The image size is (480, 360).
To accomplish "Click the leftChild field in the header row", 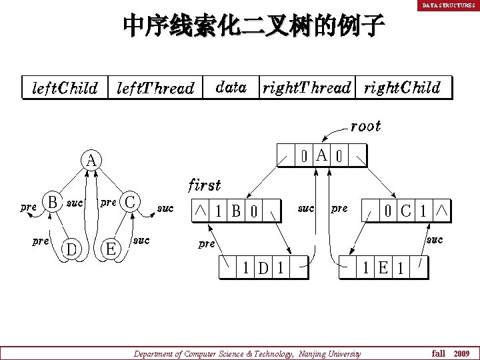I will coord(65,88).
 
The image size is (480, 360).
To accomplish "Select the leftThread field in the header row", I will coord(155,88).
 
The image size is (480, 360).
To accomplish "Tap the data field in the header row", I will coord(231,87).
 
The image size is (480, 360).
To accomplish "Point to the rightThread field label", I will coord(307,87).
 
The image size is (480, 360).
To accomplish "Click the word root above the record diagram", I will coord(366,126).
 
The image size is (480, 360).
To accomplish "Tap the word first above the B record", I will coord(205,184).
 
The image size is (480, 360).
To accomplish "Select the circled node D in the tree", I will coord(71,249).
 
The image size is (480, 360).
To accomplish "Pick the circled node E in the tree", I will coord(112,249).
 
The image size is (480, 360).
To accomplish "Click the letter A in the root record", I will coord(321,156).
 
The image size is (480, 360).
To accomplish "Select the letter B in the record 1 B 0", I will coord(236,211).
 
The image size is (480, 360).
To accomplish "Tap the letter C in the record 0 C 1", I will coord(405,211).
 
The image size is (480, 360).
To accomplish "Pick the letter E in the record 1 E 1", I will coord(383,268).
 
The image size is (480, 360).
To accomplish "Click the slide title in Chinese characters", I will coord(254,26).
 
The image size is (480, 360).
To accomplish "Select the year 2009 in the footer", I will coord(462,353).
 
